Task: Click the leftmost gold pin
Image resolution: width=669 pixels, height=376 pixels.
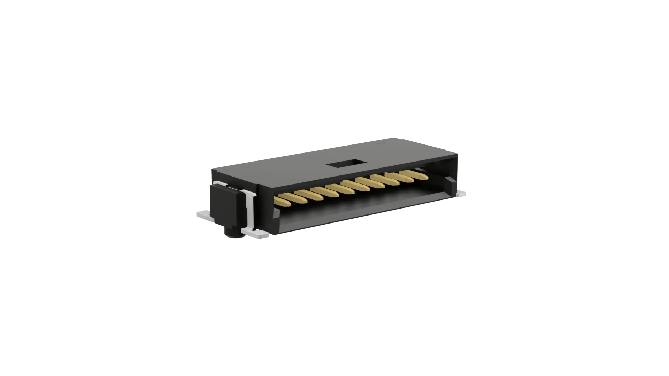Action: point(284,201)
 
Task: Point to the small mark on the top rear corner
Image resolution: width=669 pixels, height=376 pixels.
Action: point(380,143)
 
